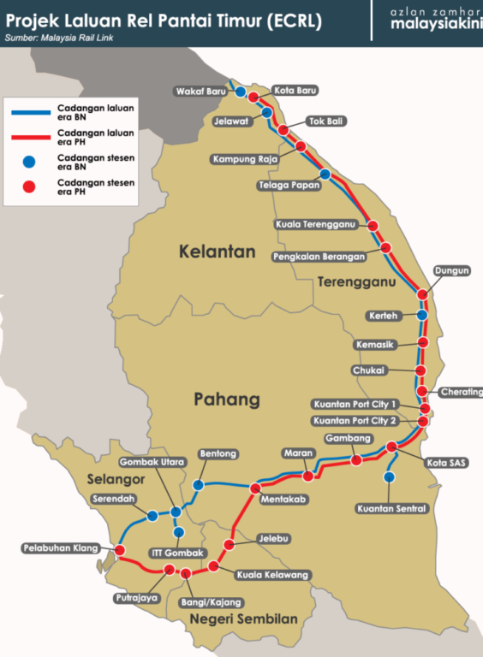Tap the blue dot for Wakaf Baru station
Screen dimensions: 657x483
(x=241, y=92)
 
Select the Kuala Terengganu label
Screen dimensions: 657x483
(x=316, y=225)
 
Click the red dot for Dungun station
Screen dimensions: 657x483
(x=422, y=293)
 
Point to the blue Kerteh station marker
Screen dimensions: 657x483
(x=421, y=315)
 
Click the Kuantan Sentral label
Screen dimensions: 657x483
(x=391, y=509)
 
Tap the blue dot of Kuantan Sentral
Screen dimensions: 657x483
(x=390, y=476)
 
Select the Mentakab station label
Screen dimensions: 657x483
(x=284, y=497)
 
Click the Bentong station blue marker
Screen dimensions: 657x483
(x=199, y=485)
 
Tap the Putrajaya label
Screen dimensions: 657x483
(x=139, y=598)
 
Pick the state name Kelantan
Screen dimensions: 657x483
(x=218, y=252)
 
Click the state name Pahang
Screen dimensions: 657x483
(x=226, y=400)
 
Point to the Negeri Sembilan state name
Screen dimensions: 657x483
(x=243, y=619)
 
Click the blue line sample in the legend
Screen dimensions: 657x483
(x=31, y=112)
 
